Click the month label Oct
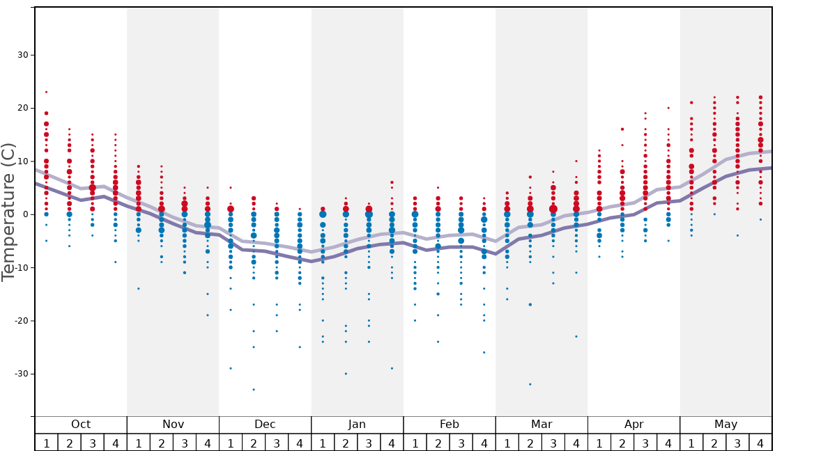pos(81,425)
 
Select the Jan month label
pos(357,425)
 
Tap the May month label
pos(725,425)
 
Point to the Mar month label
pos(542,425)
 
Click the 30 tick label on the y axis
pos(20,55)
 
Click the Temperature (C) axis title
pos(8,212)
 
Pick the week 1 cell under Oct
pos(46,443)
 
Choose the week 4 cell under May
pos(760,443)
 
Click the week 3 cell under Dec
pos(277,443)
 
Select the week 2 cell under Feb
pos(438,443)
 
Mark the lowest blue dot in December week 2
pos(254,390)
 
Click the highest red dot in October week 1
pos(47,92)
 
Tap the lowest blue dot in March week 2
pos(530,384)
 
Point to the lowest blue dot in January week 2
pos(346,374)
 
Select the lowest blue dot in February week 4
pos(484,352)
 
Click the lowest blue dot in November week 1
pos(139,289)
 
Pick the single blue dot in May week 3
pos(737,235)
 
